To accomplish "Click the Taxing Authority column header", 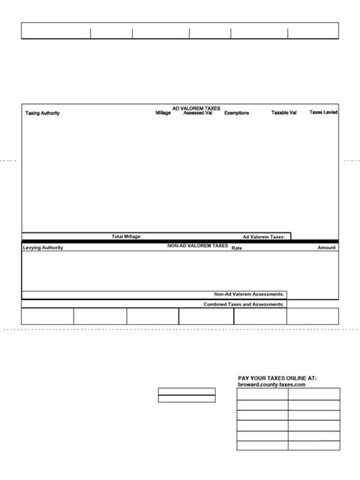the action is [x=43, y=114].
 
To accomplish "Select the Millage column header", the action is [x=163, y=113].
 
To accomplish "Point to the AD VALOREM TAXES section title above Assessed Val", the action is [x=196, y=109].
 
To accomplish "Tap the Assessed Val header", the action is [x=198, y=113].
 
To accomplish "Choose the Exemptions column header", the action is [x=236, y=114].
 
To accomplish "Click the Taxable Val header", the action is [x=284, y=113].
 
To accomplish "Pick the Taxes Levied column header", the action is [x=324, y=112].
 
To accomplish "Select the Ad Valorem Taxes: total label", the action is [x=264, y=237].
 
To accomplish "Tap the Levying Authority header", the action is [x=43, y=248].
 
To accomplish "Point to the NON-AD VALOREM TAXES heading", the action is [x=197, y=246].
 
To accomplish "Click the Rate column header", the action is [x=236, y=248].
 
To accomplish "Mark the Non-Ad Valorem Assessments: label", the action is [x=250, y=294].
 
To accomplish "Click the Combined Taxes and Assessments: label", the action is [x=244, y=304].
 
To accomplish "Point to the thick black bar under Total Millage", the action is [x=180, y=242].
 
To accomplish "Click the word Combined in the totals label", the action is [x=216, y=304].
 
